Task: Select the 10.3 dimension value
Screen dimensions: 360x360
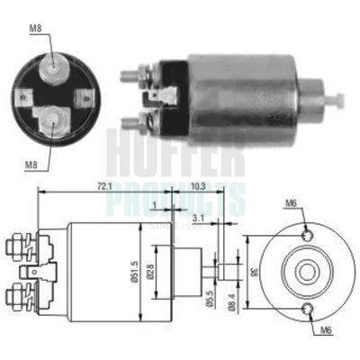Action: click(x=199, y=186)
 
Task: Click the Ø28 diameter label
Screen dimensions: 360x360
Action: click(x=176, y=271)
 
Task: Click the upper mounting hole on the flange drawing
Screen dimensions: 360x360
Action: click(x=310, y=235)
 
